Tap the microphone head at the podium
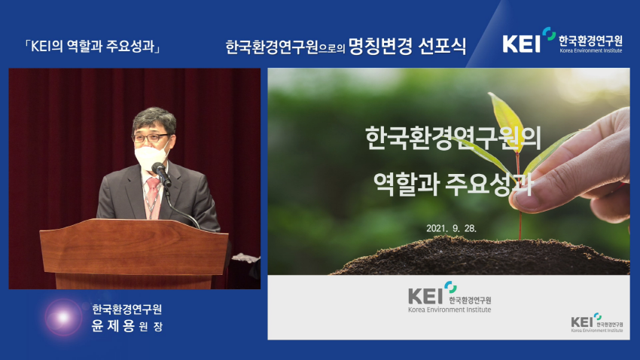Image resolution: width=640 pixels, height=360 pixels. [x=158, y=169]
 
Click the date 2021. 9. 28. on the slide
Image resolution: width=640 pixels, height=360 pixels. [x=452, y=228]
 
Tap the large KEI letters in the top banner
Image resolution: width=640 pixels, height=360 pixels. [x=522, y=43]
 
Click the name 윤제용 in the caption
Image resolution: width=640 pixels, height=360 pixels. [x=113, y=326]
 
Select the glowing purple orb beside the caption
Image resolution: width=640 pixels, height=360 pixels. [x=63, y=317]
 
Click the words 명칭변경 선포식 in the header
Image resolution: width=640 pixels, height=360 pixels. [x=407, y=46]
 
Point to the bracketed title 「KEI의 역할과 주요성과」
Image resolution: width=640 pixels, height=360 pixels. [x=93, y=46]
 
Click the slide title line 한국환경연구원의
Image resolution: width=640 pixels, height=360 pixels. [x=453, y=138]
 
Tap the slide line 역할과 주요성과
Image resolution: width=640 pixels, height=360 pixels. [x=453, y=184]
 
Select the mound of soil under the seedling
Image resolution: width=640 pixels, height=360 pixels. [x=482, y=256]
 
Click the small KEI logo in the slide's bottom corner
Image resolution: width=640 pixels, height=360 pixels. [x=597, y=323]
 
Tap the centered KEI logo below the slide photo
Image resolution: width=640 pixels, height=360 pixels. [x=450, y=297]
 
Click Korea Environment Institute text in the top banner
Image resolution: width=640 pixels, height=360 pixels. [x=590, y=50]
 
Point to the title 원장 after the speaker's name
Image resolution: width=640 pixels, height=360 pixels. [x=151, y=327]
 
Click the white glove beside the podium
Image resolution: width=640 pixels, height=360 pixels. [x=245, y=258]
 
